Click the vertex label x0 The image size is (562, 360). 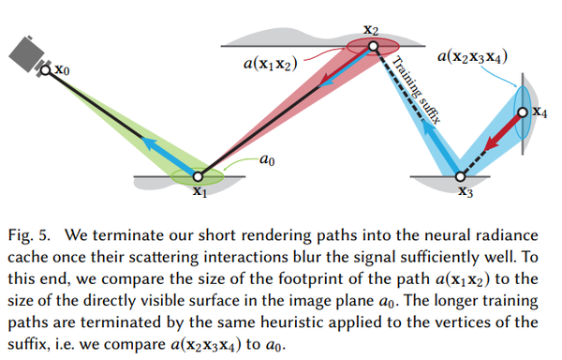point(61,68)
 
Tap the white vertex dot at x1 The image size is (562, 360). point(198,174)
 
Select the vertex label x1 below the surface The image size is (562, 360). point(199,191)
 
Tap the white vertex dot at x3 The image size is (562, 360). point(459,175)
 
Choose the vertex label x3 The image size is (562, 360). point(466,193)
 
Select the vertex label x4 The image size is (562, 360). point(540,112)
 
